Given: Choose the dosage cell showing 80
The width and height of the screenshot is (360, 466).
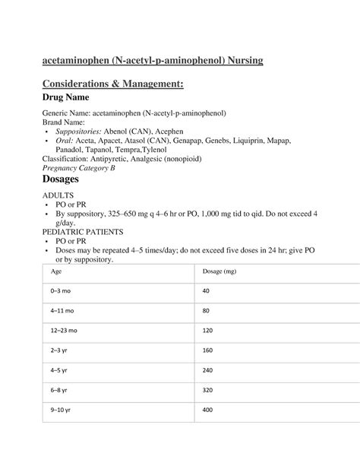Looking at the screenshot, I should point(207,311).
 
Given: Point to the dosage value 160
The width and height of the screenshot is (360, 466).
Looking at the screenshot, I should point(209,350).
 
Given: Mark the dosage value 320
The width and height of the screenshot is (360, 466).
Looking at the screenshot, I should point(209,390).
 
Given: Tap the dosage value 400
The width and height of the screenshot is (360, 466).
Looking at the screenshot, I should point(209,410).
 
